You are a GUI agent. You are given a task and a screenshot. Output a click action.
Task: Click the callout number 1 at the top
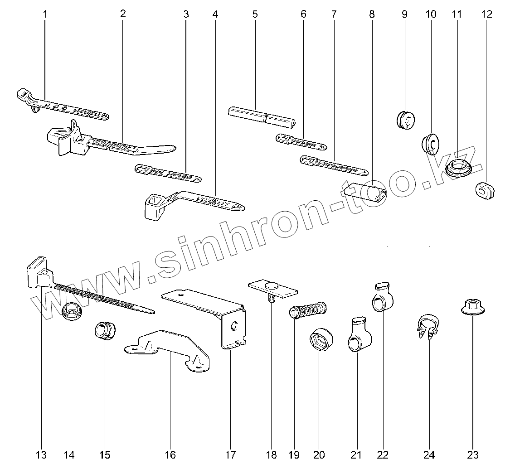click(45, 14)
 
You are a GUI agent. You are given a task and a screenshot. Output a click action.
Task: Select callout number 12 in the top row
click(486, 14)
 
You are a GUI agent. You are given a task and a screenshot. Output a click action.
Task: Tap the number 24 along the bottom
click(429, 454)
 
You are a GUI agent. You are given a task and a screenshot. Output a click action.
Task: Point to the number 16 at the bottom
click(170, 454)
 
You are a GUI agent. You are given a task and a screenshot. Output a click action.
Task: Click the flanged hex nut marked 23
click(471, 308)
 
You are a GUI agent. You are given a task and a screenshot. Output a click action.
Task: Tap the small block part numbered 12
click(485, 191)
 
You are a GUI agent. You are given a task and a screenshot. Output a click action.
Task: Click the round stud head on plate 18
click(272, 285)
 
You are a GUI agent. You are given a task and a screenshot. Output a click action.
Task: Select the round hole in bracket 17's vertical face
click(234, 326)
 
